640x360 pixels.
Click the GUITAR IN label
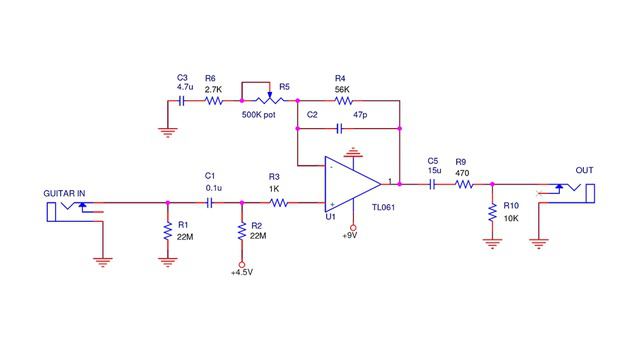(x=64, y=192)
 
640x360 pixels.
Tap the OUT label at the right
(x=584, y=170)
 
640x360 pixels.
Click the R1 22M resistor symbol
(x=168, y=231)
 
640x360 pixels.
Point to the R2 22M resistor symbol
(x=241, y=231)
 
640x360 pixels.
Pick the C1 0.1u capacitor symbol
(x=210, y=203)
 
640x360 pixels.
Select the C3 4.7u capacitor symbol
(x=182, y=101)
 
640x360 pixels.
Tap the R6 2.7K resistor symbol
(x=212, y=101)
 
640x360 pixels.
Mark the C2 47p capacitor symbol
(x=341, y=128)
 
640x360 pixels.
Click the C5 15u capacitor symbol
(x=433, y=184)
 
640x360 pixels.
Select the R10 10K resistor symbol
(x=492, y=213)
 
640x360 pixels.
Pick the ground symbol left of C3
(x=167, y=127)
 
